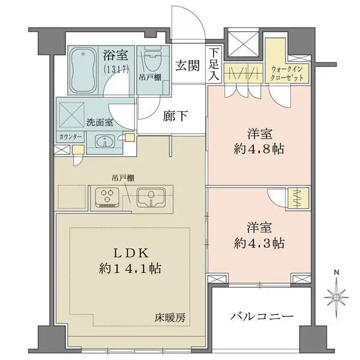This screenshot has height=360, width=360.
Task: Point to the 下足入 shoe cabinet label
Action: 214,64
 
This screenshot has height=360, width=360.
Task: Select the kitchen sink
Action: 151,197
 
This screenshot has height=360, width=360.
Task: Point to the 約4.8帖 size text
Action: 258,149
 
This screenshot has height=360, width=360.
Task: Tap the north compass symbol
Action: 337,295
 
